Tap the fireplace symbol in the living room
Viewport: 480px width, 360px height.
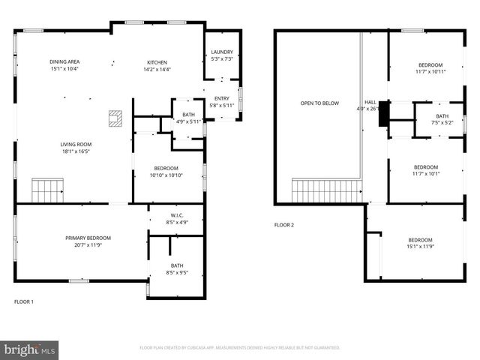pos(115,117)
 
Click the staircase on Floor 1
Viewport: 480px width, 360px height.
pos(47,190)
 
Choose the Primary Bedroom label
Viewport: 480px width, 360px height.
pos(77,241)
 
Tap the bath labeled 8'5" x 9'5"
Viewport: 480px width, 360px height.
pos(177,268)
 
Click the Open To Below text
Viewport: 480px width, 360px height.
pos(319,103)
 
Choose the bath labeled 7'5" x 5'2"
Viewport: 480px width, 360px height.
pos(442,120)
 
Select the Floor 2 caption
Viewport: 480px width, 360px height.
pos(283,225)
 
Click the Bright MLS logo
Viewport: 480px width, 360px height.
pos(30,349)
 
